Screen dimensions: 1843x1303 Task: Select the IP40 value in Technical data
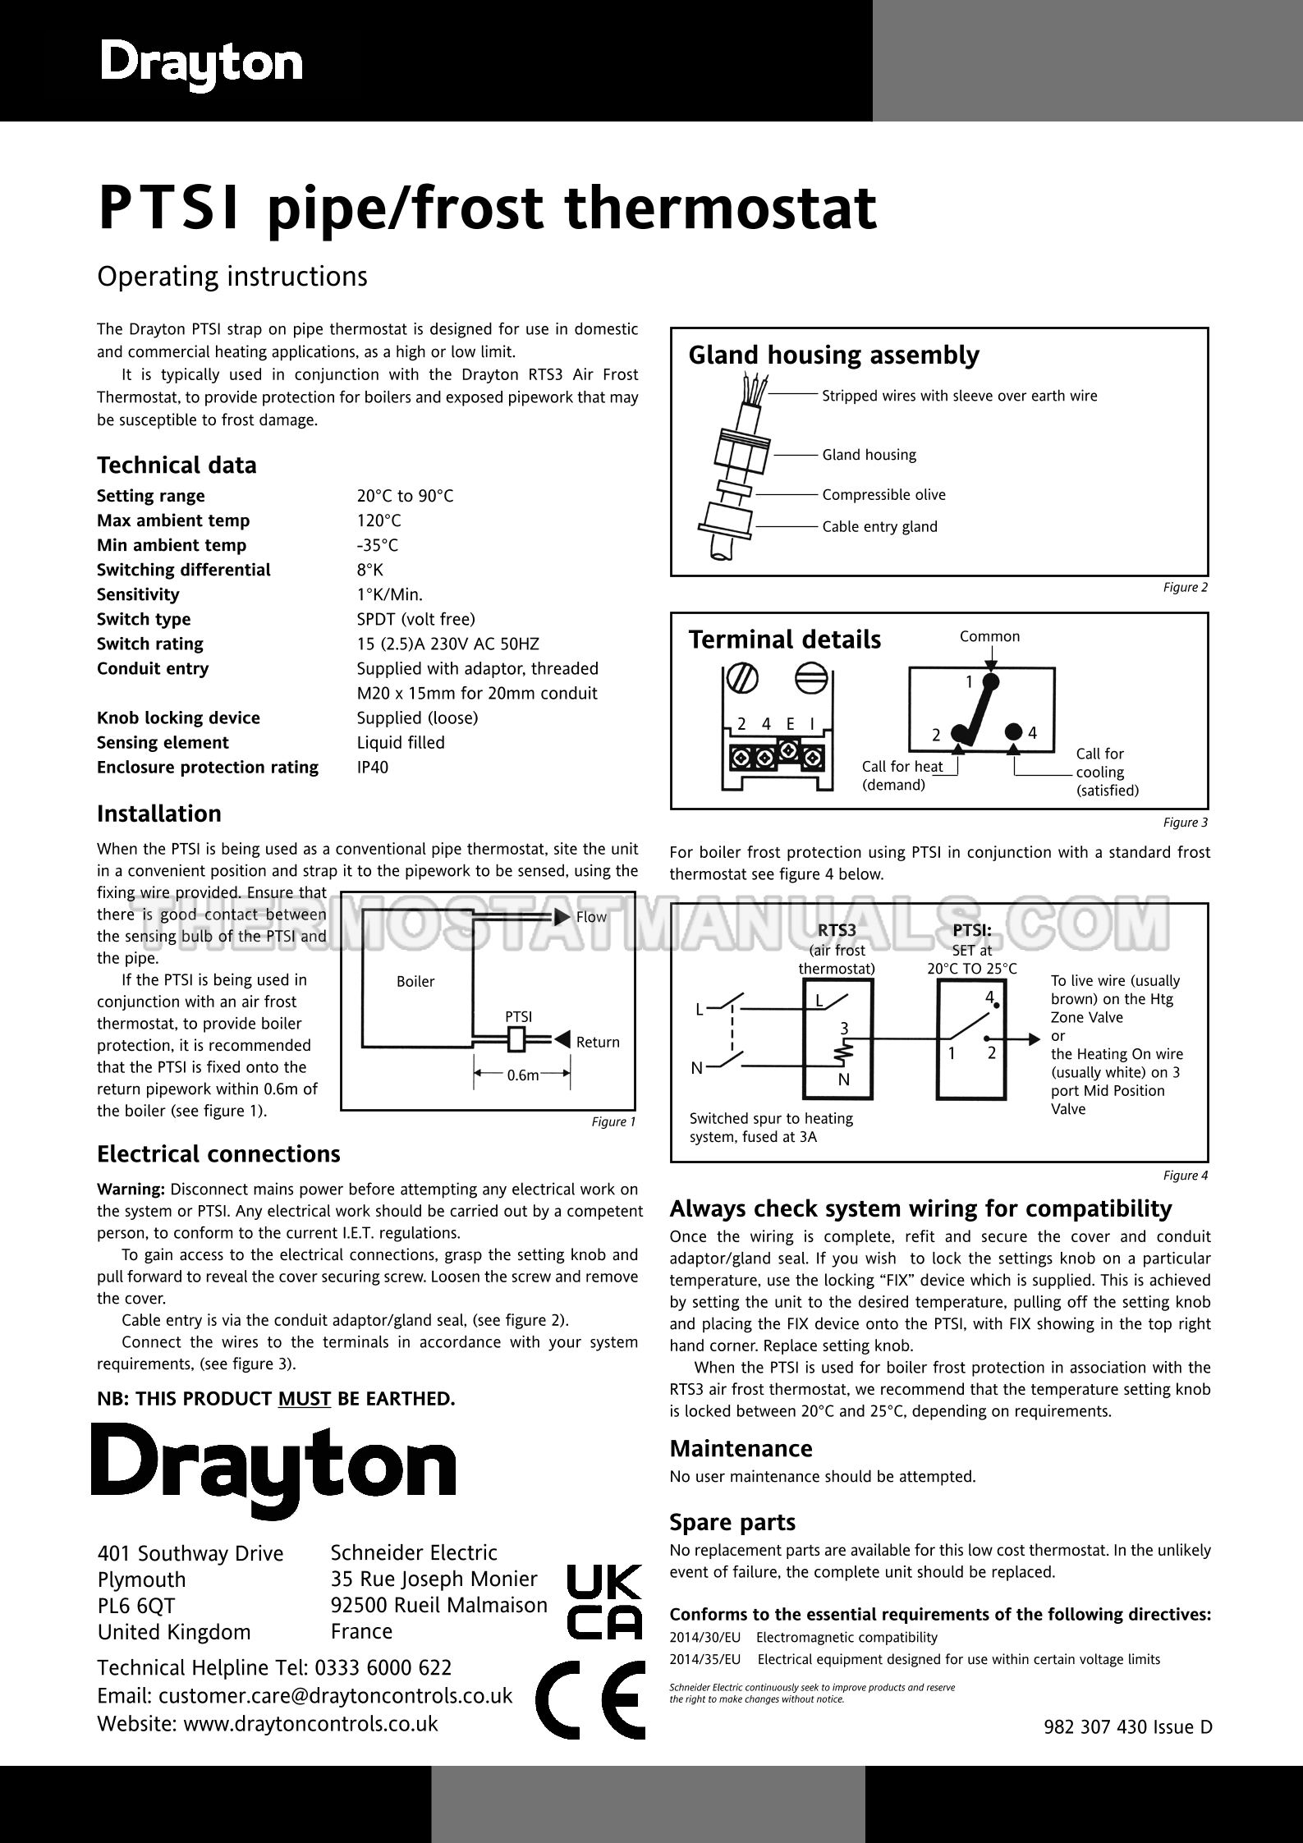[373, 767]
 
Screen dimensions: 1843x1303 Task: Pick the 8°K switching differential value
[369, 570]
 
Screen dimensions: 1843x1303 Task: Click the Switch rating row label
[150, 644]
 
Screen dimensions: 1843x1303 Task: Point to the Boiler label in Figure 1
[415, 981]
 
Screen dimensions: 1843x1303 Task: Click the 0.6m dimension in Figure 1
[523, 1075]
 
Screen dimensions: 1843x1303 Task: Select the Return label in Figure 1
[598, 1042]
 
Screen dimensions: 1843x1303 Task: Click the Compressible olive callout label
[883, 494]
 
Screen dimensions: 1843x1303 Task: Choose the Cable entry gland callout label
[879, 526]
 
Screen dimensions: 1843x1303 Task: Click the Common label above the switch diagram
[989, 636]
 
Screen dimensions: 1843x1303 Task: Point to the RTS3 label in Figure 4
[837, 930]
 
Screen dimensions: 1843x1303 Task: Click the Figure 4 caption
[1186, 1176]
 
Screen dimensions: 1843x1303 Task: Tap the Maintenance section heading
[741, 1448]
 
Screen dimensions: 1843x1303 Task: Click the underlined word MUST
[304, 1398]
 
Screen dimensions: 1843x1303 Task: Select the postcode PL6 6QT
[136, 1606]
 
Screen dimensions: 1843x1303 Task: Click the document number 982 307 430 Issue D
[1127, 1726]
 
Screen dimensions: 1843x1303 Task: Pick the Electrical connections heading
[218, 1153]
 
